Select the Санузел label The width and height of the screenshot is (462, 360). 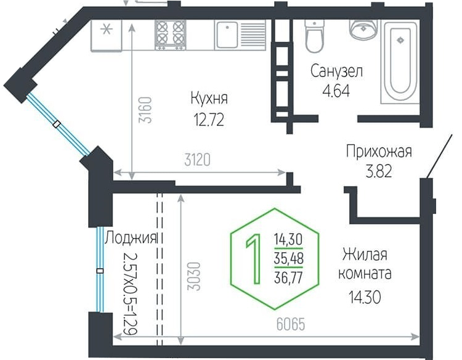336,72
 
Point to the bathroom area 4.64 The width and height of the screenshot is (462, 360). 336,90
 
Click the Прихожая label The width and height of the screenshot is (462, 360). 378,152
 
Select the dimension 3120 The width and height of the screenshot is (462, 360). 198,161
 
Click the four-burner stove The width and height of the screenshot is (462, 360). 170,35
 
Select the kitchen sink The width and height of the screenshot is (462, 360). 228,35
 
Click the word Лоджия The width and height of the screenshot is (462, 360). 131,238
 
